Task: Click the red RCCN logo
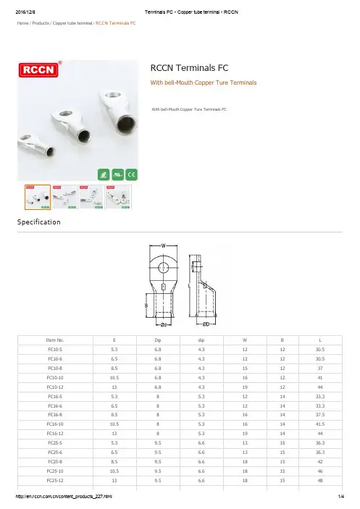coord(38,70)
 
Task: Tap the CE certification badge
coord(132,174)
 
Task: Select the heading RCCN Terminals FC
coord(189,68)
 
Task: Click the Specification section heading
coord(39,222)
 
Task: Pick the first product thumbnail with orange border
coord(38,197)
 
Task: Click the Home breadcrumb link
coord(22,23)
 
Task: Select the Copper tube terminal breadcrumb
coord(72,23)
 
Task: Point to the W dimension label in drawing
coord(163,245)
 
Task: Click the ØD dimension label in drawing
coord(206,324)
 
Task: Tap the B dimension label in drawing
coord(146,306)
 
